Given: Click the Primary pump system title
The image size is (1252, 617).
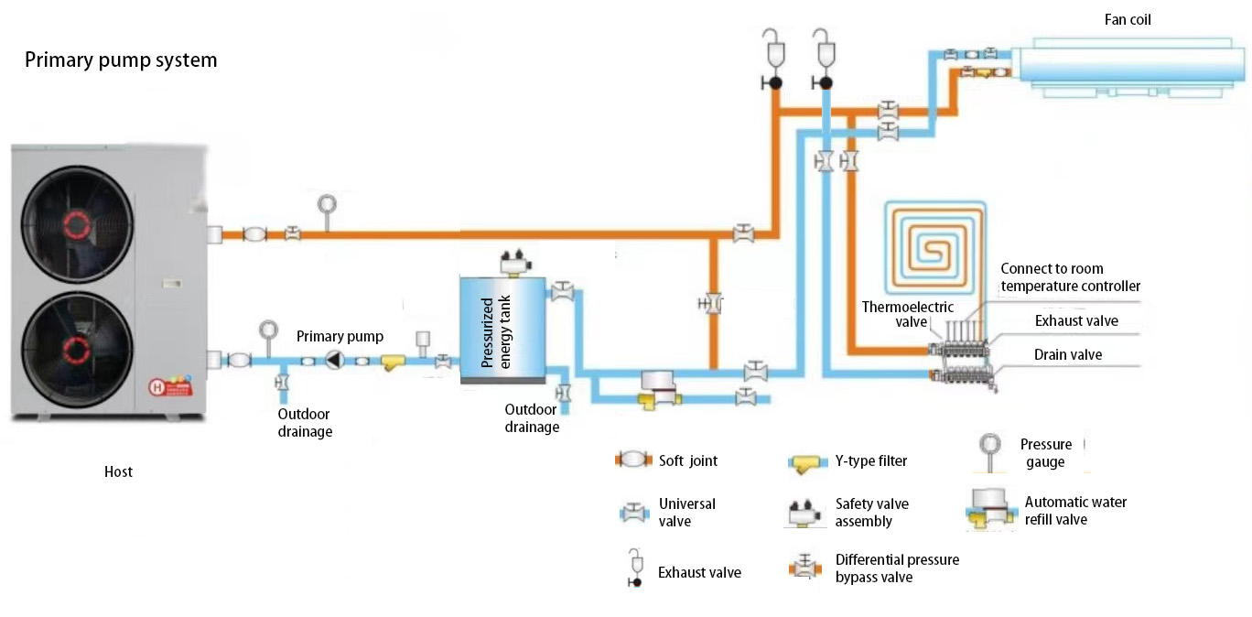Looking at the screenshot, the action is [x=121, y=60].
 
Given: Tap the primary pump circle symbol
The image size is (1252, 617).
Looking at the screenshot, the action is [x=335, y=360].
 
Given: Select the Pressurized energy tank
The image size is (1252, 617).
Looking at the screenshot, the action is [x=502, y=330].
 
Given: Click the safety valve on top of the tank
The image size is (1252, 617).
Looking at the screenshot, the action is [x=515, y=262].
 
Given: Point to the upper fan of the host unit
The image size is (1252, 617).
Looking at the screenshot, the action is [x=77, y=224].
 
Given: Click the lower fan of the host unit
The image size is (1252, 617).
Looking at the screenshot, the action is [x=77, y=351].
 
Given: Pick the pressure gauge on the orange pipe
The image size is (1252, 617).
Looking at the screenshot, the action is [x=327, y=213].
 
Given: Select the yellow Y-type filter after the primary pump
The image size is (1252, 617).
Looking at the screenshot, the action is [x=393, y=363].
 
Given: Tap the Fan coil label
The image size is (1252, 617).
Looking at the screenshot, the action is [x=1128, y=20].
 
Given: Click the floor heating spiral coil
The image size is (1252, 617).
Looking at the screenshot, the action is [x=934, y=246].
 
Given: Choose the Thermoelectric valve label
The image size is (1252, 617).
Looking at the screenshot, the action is [x=907, y=314].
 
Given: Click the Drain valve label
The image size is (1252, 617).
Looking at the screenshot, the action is [x=1067, y=355].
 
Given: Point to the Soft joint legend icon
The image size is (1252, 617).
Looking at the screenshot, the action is [x=633, y=460].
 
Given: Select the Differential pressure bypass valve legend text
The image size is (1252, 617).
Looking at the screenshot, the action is [x=897, y=568].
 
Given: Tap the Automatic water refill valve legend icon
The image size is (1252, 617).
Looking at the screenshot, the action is [x=990, y=509].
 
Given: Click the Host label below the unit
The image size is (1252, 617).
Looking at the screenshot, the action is [x=118, y=472].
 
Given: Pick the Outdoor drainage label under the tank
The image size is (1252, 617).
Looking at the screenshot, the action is [x=532, y=418].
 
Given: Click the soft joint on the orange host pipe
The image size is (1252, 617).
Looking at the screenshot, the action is [x=254, y=234].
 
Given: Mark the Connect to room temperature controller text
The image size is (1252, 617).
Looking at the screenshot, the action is [x=1070, y=277].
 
